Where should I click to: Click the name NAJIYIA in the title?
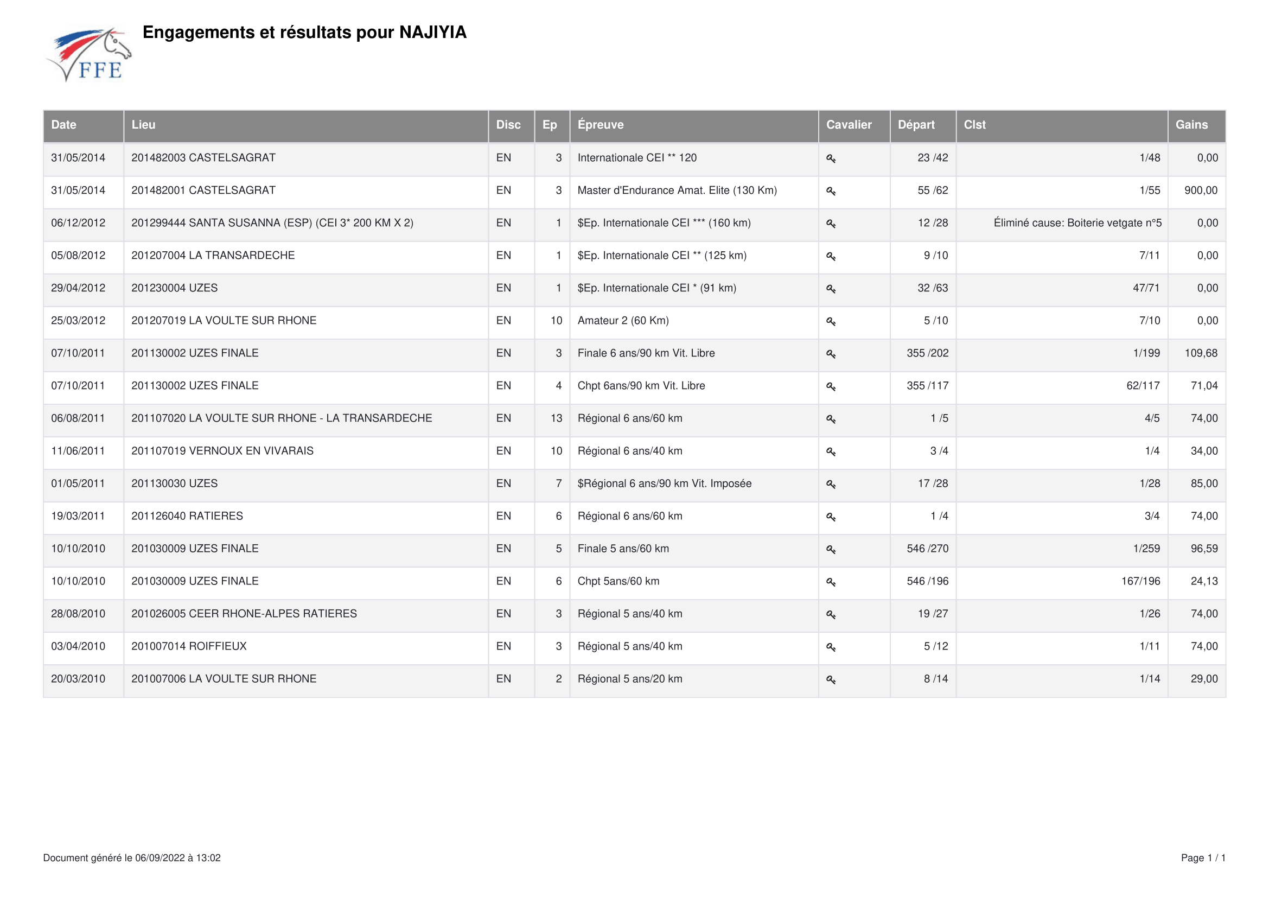tap(433, 33)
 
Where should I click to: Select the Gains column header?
tap(1191, 125)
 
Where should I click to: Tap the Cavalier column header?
tap(849, 125)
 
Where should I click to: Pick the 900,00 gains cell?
tap(1201, 190)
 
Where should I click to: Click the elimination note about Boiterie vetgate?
tap(1077, 223)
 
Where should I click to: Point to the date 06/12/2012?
tap(78, 223)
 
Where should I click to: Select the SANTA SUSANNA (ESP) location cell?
tap(272, 223)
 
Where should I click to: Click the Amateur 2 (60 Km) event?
tap(623, 321)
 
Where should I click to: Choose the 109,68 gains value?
tap(1201, 353)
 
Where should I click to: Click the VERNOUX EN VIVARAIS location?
tap(222, 451)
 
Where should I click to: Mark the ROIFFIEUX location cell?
tap(189, 647)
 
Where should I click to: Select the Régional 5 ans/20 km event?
tap(629, 679)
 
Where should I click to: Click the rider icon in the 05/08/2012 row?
tap(831, 257)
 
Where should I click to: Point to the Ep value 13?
tap(556, 418)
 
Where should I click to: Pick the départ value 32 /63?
tap(933, 289)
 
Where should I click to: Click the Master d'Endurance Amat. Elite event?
tap(677, 190)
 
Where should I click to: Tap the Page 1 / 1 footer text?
tap(1203, 858)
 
